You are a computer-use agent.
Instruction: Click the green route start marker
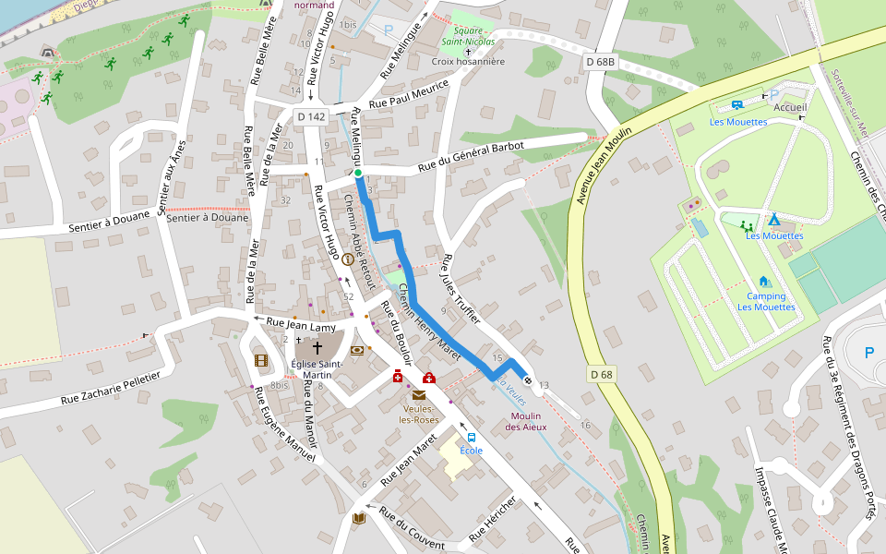click(x=358, y=173)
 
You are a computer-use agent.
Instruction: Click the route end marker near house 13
click(x=528, y=379)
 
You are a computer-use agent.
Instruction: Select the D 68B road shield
click(x=601, y=62)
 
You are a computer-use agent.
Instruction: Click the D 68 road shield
click(x=601, y=374)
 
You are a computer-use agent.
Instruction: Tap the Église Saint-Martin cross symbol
click(x=317, y=348)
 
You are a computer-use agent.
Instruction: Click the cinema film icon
click(x=261, y=360)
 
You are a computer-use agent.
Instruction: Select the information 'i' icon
click(x=348, y=260)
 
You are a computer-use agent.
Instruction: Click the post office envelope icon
click(x=419, y=395)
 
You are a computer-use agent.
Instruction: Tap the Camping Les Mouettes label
click(x=765, y=302)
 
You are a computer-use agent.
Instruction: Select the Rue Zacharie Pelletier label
click(x=111, y=388)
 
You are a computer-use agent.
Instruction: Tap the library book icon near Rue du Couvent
click(x=359, y=518)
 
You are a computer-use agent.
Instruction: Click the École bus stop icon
click(x=472, y=437)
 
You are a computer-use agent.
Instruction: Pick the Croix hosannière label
click(x=468, y=62)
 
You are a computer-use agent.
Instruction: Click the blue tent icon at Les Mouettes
click(x=773, y=220)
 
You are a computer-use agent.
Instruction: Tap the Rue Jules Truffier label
click(x=461, y=287)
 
